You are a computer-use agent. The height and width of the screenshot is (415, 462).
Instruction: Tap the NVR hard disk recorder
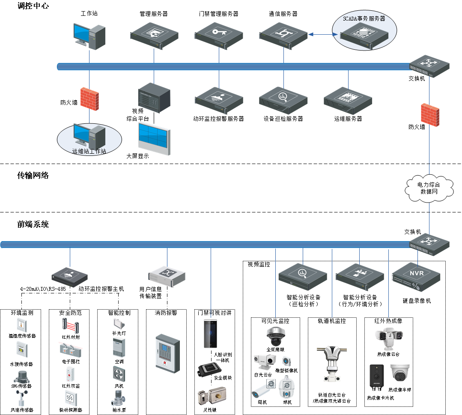click(x=416, y=277)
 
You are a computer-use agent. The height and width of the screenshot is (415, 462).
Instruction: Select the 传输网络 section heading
click(x=33, y=175)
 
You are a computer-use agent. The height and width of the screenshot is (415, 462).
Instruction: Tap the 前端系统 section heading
click(x=33, y=224)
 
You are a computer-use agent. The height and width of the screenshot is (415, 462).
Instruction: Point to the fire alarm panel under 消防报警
click(x=166, y=352)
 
